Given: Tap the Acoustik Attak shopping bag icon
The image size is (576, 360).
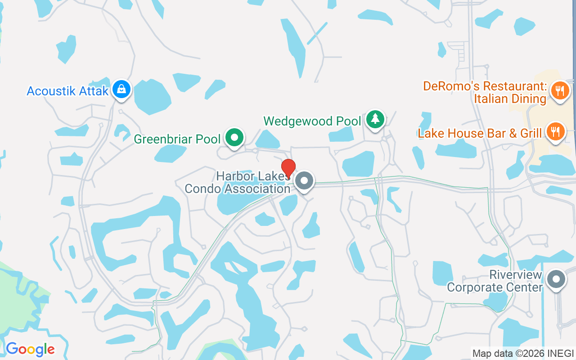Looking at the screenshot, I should point(121,89).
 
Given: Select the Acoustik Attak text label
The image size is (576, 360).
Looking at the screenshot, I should point(67,91).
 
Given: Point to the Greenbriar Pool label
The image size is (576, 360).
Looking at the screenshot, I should point(177,139).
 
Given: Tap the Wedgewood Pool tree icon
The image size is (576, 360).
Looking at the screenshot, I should point(375,119).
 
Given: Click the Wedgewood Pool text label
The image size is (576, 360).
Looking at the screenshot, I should point(312,121).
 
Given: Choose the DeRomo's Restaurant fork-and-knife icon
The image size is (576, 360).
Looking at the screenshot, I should point(560,90).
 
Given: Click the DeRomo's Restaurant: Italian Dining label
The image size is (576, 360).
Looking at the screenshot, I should point(485,92).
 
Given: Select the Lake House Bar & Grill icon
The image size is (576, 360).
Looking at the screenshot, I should point(556,131).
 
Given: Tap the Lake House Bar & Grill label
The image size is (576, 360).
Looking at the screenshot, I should point(480,133).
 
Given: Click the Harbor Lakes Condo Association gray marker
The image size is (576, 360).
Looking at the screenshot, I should point(305,181).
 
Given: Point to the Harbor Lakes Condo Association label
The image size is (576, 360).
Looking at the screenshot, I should point(238,182).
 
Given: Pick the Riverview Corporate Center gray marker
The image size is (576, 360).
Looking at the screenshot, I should point(556,279).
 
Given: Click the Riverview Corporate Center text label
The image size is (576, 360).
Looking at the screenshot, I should point(495,281).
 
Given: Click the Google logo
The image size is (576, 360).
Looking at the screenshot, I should point(30,349).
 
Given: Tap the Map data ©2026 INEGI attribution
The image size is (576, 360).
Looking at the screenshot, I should point(523,354).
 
